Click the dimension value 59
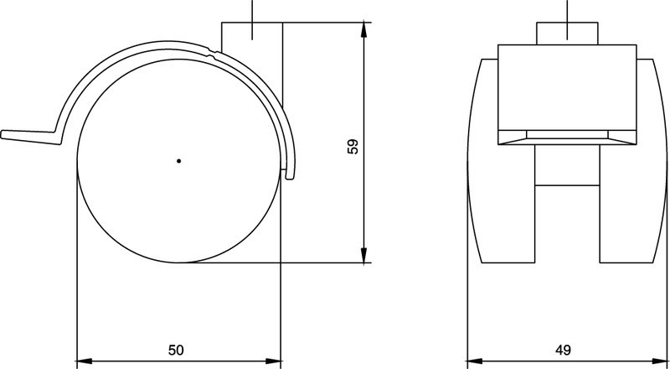[x=353, y=145]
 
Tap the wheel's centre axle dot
[x=178, y=159]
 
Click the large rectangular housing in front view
[x=567, y=88]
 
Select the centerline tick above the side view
[x=251, y=10]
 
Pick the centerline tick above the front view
[x=567, y=10]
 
